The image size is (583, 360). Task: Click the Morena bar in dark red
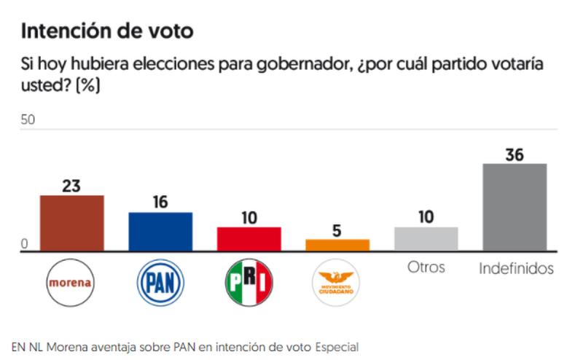pos(71,223)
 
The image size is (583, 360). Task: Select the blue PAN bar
pos(160,232)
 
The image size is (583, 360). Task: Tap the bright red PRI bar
pos(249,239)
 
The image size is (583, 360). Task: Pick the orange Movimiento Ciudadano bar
pos(337,245)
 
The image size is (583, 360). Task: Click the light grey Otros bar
pos(426,239)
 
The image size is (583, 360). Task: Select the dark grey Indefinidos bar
pos(515,208)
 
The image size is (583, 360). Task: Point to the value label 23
pos(71,185)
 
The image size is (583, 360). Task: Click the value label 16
pos(160,203)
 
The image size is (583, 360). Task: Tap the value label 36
pos(515,154)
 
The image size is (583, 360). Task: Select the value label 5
pos(337,230)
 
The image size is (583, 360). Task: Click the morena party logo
pos(71,281)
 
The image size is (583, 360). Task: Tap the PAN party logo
pos(160,281)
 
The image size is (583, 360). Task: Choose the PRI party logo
pos(249,281)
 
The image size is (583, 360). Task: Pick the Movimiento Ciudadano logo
pos(337,281)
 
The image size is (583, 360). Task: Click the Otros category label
pos(426,267)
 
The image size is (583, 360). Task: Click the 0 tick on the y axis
pos(24,244)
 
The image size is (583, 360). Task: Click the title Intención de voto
pos(108,31)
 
